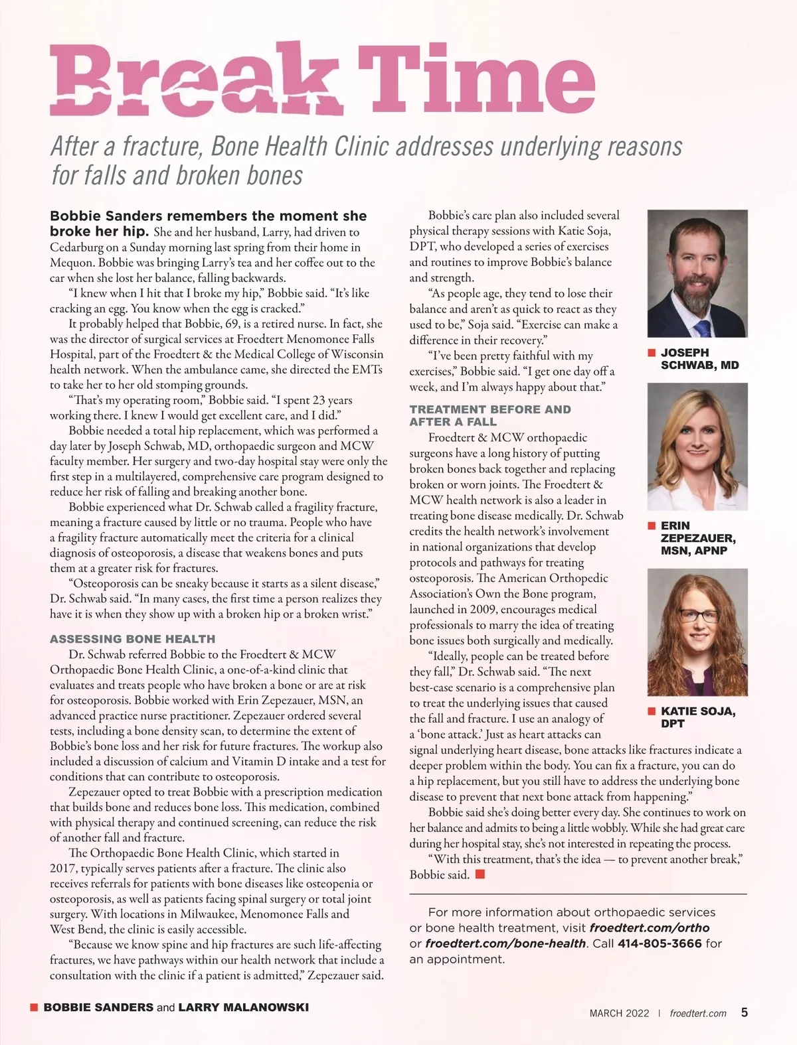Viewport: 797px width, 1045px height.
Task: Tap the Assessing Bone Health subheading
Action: click(133, 639)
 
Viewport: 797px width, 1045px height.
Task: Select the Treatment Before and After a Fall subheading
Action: click(490, 415)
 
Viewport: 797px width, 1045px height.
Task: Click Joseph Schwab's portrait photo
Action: click(697, 273)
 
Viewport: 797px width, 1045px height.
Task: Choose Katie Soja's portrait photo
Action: click(697, 632)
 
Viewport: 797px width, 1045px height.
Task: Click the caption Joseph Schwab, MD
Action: click(699, 359)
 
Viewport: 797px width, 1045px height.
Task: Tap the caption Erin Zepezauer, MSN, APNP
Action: click(697, 537)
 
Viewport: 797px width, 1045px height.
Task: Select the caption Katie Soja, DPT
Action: click(697, 717)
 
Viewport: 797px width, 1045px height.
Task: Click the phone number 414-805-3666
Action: click(660, 943)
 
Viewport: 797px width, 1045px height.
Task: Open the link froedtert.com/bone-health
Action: click(505, 943)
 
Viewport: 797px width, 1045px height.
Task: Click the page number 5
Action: click(745, 1012)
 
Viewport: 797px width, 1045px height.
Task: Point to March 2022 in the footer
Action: click(614, 1013)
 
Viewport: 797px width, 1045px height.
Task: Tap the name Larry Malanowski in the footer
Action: click(244, 1007)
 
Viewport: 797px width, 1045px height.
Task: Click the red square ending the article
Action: click(480, 874)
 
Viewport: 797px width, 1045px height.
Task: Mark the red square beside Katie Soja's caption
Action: click(652, 711)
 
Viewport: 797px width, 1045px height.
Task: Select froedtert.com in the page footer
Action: click(698, 1013)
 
